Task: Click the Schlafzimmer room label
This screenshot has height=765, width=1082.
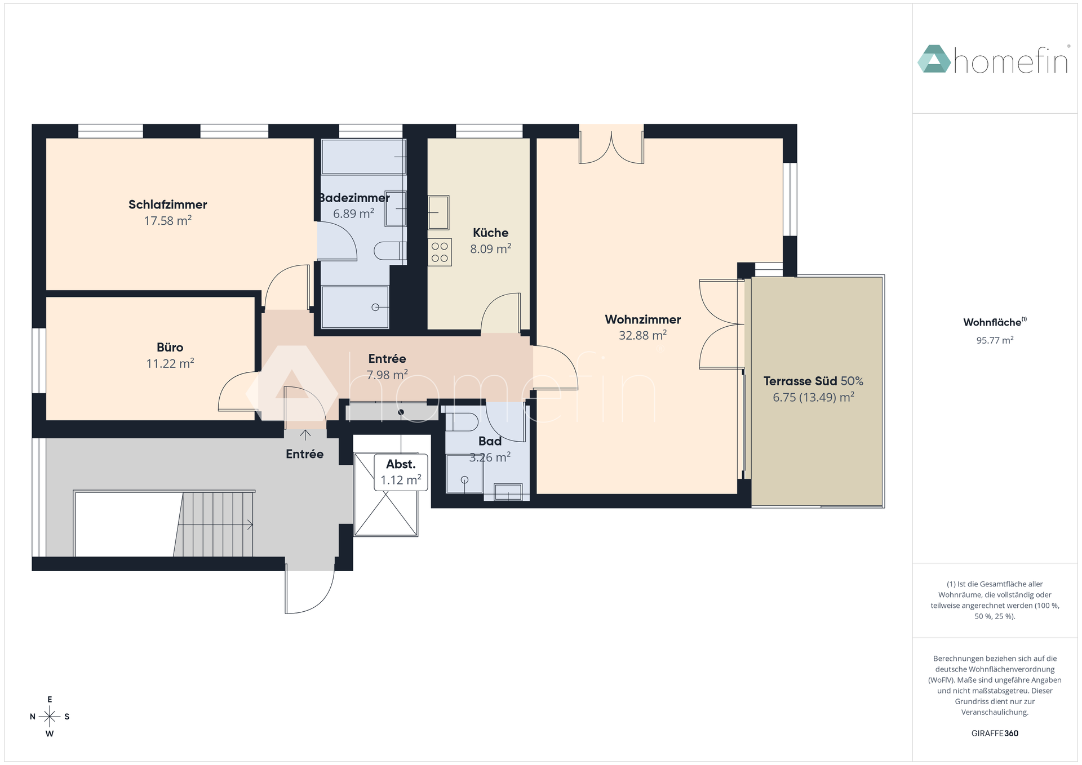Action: pyautogui.click(x=168, y=204)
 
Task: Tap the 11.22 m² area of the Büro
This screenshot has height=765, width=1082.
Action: pyautogui.click(x=170, y=363)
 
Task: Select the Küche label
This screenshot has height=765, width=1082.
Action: pyautogui.click(x=491, y=233)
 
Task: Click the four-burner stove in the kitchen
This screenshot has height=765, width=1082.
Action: pyautogui.click(x=440, y=252)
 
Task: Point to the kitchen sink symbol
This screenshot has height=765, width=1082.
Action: pyautogui.click(x=438, y=212)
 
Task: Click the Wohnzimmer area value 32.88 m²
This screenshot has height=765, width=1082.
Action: pyautogui.click(x=643, y=335)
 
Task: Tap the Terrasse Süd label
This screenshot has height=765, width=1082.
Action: pyautogui.click(x=800, y=381)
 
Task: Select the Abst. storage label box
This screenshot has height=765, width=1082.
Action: pyautogui.click(x=401, y=472)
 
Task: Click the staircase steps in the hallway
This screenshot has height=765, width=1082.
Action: pyautogui.click(x=214, y=524)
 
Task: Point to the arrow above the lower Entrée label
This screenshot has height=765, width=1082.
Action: pyautogui.click(x=305, y=435)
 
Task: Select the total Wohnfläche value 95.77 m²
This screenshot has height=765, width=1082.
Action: pyautogui.click(x=995, y=340)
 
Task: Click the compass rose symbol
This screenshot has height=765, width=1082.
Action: pyautogui.click(x=50, y=717)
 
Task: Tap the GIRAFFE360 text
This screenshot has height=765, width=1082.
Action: pyautogui.click(x=995, y=733)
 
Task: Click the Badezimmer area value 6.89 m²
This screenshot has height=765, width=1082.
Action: pyautogui.click(x=354, y=214)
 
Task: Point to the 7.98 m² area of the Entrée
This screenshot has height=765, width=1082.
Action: pyautogui.click(x=387, y=375)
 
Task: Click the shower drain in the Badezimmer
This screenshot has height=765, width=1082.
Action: pyautogui.click(x=375, y=308)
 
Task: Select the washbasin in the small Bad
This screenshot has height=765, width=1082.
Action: pyautogui.click(x=508, y=492)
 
